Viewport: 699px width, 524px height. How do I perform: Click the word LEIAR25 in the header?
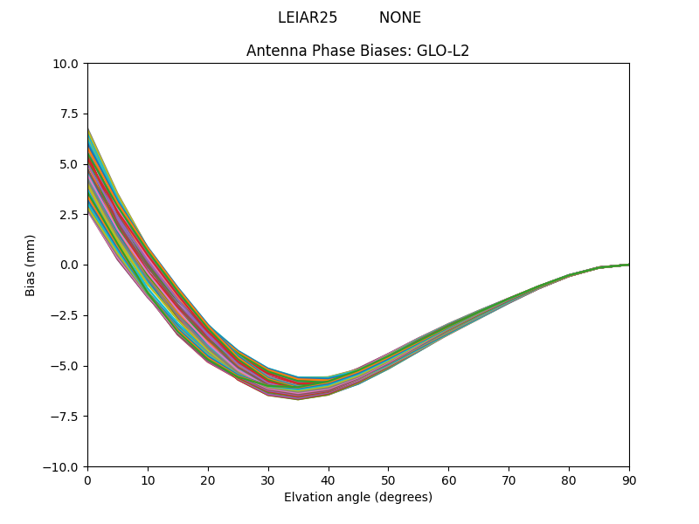[x=308, y=17]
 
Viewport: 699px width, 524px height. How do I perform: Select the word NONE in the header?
[x=399, y=17]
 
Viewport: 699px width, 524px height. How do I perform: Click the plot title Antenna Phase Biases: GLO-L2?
[x=357, y=51]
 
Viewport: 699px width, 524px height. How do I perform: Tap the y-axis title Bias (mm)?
[x=31, y=265]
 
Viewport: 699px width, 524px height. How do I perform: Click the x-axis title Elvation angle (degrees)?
[x=357, y=497]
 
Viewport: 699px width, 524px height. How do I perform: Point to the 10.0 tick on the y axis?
[x=66, y=64]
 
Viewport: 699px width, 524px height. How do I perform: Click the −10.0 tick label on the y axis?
[x=63, y=467]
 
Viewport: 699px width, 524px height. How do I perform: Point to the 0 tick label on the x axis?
[x=87, y=479]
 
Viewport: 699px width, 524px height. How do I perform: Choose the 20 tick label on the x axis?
[x=208, y=479]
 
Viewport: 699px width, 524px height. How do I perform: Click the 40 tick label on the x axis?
[x=329, y=479]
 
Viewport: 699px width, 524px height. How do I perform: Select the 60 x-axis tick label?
[x=448, y=479]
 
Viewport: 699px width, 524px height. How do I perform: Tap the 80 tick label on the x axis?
[x=569, y=479]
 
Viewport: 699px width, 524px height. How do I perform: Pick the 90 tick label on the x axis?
[x=629, y=479]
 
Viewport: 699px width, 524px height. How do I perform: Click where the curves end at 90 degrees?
[x=628, y=265]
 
